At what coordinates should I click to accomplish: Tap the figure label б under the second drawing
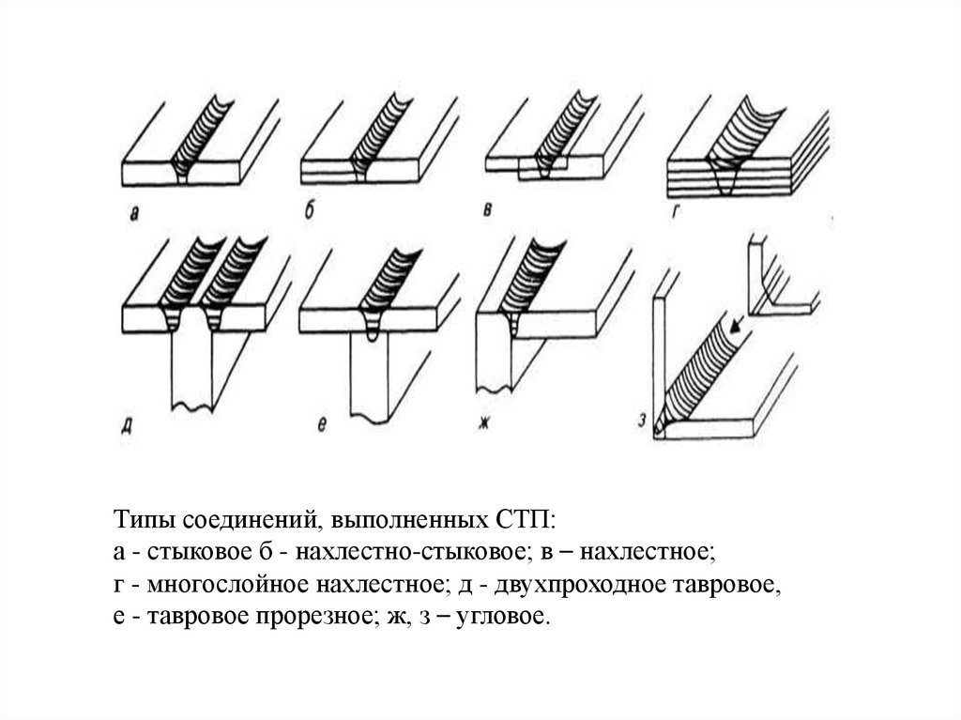click(310, 212)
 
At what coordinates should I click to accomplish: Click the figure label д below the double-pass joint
click(127, 425)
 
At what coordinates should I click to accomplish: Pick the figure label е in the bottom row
click(323, 425)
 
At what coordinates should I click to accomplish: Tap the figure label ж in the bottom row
click(484, 423)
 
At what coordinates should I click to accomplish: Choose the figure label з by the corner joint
click(642, 421)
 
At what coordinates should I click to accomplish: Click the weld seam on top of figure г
click(743, 130)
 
